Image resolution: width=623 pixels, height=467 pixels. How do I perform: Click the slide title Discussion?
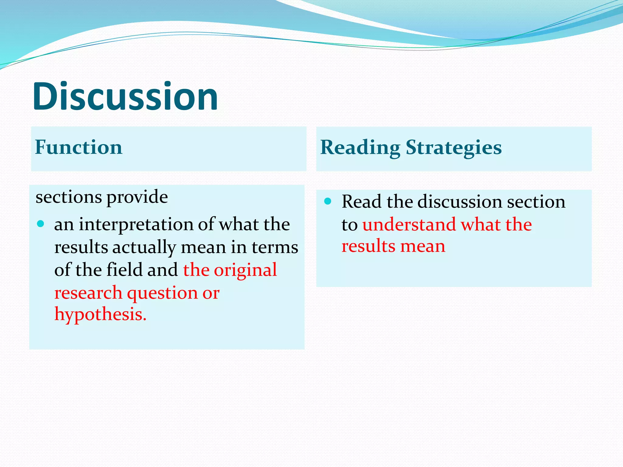click(125, 97)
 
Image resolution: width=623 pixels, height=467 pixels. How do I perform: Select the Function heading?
click(78, 147)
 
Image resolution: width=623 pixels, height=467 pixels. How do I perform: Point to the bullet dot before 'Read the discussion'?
click(328, 201)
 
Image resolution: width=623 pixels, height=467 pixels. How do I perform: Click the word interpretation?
click(136, 225)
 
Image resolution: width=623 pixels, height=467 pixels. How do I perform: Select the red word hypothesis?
click(100, 314)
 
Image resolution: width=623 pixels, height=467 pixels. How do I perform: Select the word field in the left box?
click(125, 270)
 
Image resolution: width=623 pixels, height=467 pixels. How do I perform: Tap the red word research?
click(88, 293)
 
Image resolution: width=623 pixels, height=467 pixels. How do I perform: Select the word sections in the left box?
click(68, 197)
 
